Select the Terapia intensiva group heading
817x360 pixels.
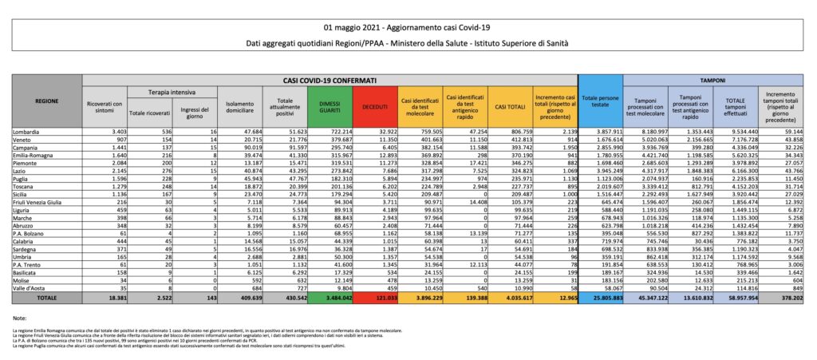pos(168,93)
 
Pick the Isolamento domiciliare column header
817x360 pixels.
pos(243,108)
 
